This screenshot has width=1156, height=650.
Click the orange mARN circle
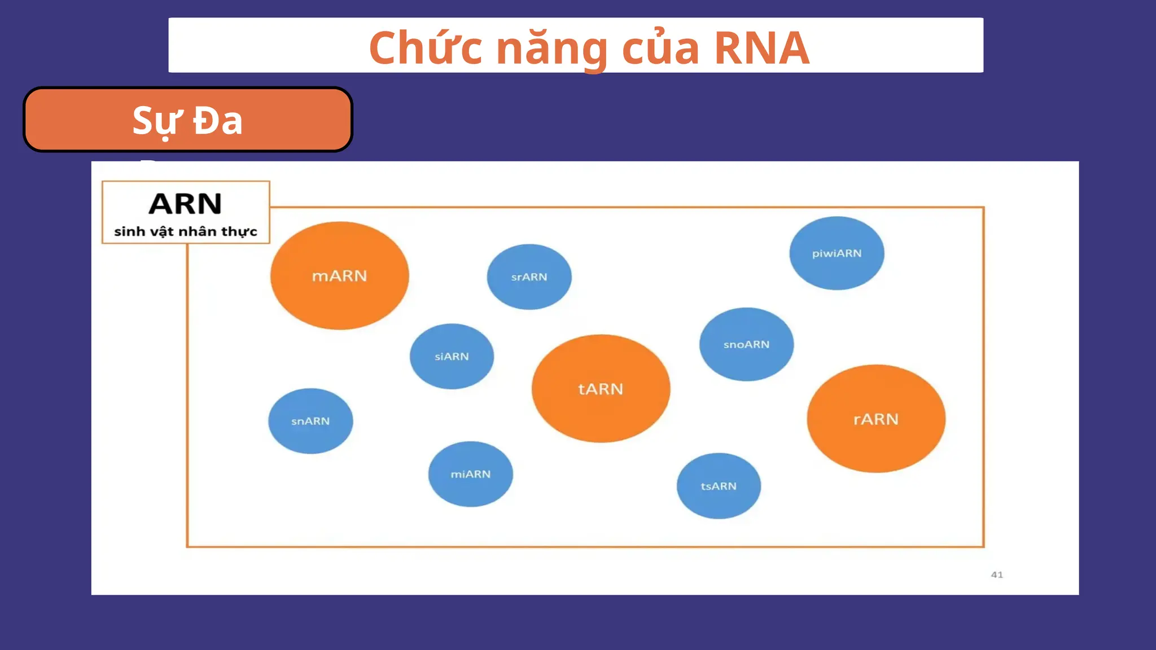pyautogui.click(x=339, y=275)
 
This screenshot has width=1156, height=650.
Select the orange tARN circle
pyautogui.click(x=601, y=389)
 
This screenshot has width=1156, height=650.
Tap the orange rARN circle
pyautogui.click(x=875, y=419)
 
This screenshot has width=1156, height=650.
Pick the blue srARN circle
pyautogui.click(x=529, y=276)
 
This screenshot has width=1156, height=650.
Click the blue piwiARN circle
pyautogui.click(x=837, y=253)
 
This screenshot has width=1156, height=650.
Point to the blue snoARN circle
pyautogui.click(x=746, y=344)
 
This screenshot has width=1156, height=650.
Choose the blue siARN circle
pyautogui.click(x=452, y=356)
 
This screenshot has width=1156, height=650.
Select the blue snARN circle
pyautogui.click(x=310, y=421)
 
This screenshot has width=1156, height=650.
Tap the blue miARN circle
pyautogui.click(x=470, y=474)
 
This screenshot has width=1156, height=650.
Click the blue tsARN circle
pyautogui.click(x=719, y=486)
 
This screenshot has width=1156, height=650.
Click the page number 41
pyautogui.click(x=997, y=574)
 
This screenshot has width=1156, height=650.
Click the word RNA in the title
pyautogui.click(x=761, y=48)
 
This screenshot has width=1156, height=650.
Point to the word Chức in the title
pyautogui.click(x=426, y=48)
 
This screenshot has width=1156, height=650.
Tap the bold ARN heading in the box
pyautogui.click(x=185, y=204)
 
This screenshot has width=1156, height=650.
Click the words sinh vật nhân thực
pyautogui.click(x=185, y=231)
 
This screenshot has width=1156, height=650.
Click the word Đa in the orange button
pyautogui.click(x=218, y=121)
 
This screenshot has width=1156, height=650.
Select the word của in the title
pyautogui.click(x=660, y=48)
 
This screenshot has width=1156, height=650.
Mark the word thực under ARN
pyautogui.click(x=239, y=232)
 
